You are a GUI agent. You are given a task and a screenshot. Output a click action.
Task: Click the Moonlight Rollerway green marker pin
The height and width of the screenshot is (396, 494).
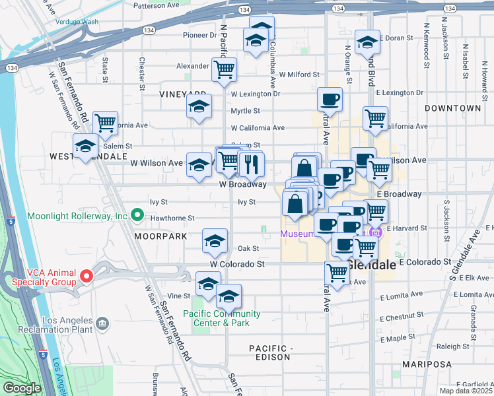click(x=137, y=214)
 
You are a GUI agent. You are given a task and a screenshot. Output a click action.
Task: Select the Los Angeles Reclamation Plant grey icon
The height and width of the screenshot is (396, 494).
click(x=102, y=323)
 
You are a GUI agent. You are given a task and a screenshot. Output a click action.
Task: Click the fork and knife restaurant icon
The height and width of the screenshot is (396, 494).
click(x=250, y=164)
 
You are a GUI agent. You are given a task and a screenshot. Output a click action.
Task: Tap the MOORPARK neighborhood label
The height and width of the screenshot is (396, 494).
click(x=157, y=236)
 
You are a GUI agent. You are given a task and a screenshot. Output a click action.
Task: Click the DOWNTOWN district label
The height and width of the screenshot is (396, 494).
click(x=453, y=108)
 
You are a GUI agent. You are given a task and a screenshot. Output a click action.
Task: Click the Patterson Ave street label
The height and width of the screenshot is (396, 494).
click(x=157, y=5)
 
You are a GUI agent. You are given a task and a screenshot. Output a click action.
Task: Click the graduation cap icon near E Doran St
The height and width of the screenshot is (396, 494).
click(x=367, y=43)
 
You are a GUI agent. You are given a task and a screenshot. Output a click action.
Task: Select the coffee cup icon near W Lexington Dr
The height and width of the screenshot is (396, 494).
click(x=330, y=100)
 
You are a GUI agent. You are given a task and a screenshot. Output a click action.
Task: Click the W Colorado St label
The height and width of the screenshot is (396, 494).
click(x=237, y=264)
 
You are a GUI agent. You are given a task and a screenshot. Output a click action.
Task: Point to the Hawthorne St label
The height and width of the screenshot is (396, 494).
click(x=173, y=218)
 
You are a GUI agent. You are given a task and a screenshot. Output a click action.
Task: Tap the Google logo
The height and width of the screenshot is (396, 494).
click(x=21, y=388)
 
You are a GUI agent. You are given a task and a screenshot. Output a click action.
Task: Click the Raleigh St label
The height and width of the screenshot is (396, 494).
click(x=452, y=346)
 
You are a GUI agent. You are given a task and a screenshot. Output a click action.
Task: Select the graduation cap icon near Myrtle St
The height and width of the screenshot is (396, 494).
click(x=198, y=106)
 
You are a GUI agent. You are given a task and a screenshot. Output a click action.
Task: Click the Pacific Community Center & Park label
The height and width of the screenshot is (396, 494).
click(x=222, y=318)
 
